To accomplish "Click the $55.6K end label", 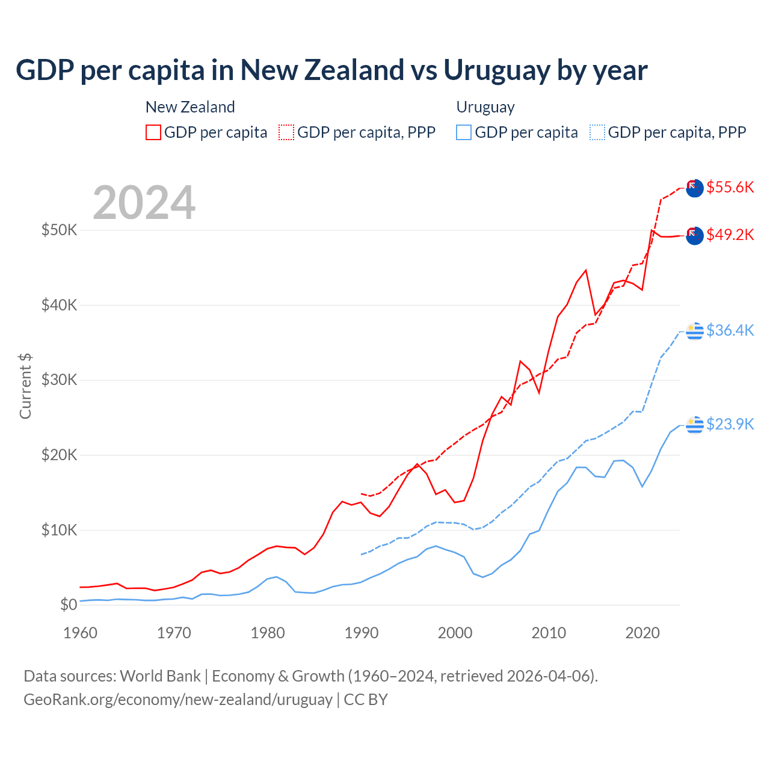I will pyautogui.click(x=730, y=187).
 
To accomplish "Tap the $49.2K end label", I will pyautogui.click(x=730, y=235).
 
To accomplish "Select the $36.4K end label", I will pyautogui.click(x=730, y=330).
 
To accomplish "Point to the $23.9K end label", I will pyautogui.click(x=730, y=424).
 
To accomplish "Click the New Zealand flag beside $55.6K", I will pyautogui.click(x=695, y=188).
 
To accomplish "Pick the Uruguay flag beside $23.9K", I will pyautogui.click(x=695, y=425).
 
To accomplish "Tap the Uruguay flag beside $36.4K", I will pyautogui.click(x=695, y=331).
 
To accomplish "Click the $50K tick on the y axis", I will pyautogui.click(x=59, y=230).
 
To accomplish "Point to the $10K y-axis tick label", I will pyautogui.click(x=59, y=530).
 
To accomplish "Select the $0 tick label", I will pyautogui.click(x=69, y=605).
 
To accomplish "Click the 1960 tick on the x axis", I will pyautogui.click(x=80, y=633).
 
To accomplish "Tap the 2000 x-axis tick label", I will pyautogui.click(x=455, y=633).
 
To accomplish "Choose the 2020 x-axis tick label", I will pyautogui.click(x=642, y=633).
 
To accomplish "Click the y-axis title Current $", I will pyautogui.click(x=25, y=386).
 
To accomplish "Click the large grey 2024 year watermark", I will pyautogui.click(x=144, y=203).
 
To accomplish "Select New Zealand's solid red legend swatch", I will pyautogui.click(x=153, y=132).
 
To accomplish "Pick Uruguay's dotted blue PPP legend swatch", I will pyautogui.click(x=597, y=132).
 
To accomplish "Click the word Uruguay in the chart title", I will pyautogui.click(x=496, y=70).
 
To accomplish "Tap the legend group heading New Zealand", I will pyautogui.click(x=190, y=107).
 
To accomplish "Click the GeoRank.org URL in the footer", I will pyautogui.click(x=178, y=700).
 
